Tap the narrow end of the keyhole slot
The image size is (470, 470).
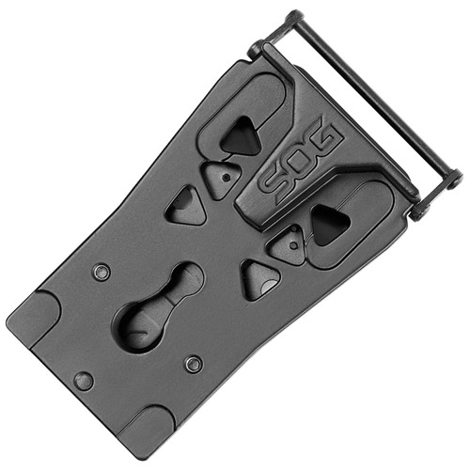(184, 280)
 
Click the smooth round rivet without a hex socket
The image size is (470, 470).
(84, 381)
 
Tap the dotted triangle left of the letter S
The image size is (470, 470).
(222, 175)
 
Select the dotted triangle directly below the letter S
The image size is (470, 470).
(288, 246)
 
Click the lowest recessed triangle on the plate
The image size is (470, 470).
(258, 278)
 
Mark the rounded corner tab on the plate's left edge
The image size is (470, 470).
(33, 315)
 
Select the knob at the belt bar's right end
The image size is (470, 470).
(453, 178)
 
